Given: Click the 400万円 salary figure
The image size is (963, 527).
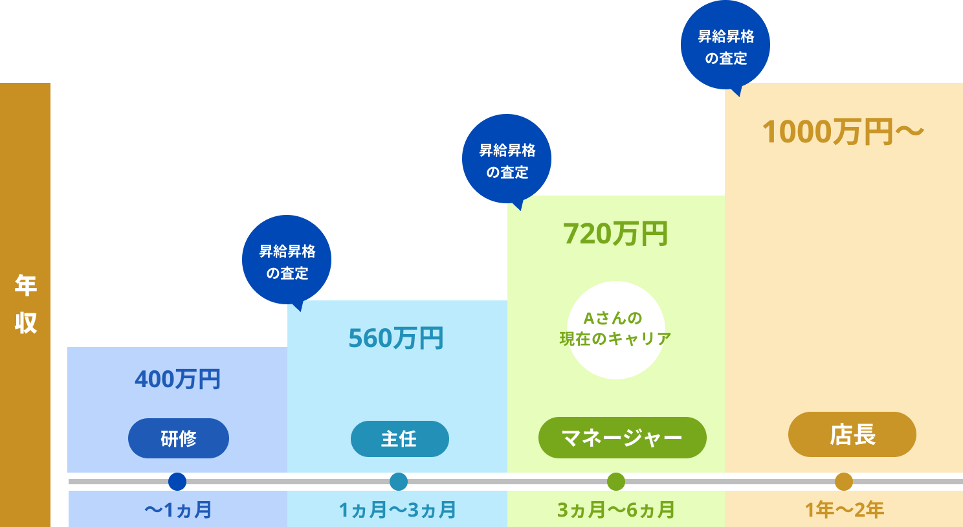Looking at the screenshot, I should click(178, 379).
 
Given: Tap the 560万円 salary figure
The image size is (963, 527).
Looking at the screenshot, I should click(396, 338).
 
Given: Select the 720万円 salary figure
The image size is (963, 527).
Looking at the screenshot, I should click(615, 234).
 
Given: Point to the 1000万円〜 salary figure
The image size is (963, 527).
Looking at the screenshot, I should click(843, 132).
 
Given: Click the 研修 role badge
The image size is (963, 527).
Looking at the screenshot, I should click(179, 438).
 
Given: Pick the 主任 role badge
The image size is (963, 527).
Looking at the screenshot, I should click(399, 439).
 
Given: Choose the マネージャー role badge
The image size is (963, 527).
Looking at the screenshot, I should click(622, 438).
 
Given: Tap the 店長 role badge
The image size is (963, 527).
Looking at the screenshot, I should click(852, 434).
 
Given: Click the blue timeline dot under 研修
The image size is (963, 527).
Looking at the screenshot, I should click(177, 482).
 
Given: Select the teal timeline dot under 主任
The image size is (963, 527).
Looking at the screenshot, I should click(399, 482).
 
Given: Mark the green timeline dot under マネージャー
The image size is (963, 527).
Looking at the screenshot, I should click(616, 482).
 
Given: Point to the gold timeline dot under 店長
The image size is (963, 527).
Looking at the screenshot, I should click(844, 482).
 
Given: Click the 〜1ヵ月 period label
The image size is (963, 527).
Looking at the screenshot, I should click(178, 510).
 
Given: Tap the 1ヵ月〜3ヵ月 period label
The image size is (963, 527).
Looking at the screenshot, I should click(397, 510).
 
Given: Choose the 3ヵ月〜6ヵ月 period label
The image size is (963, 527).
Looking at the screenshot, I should click(616, 510).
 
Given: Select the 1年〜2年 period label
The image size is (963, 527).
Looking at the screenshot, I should click(844, 510).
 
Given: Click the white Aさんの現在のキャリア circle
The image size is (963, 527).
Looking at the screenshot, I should click(615, 330).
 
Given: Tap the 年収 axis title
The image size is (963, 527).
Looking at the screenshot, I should click(25, 304).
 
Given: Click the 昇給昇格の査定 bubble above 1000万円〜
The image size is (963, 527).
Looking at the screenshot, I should click(725, 45).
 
